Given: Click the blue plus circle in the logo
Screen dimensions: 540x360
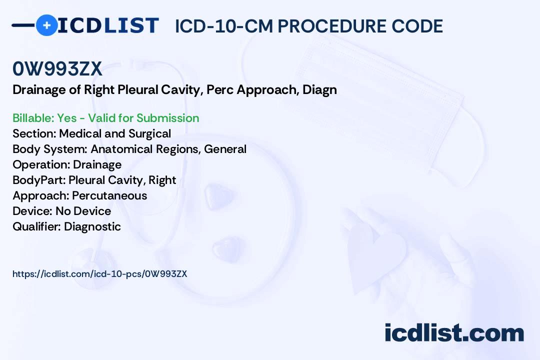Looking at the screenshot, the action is click(x=46, y=25).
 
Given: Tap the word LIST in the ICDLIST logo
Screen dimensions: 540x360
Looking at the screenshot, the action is click(x=131, y=25).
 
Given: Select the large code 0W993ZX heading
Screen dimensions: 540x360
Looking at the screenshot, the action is click(x=57, y=69).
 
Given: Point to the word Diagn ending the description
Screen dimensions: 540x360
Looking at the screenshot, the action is click(x=319, y=90).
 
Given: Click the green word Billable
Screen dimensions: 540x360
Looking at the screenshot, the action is click(x=33, y=118).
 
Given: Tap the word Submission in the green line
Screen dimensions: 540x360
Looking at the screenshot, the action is click(x=167, y=118).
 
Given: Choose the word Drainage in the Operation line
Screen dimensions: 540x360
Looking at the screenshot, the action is click(x=97, y=165).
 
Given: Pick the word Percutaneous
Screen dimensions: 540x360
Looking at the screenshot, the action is click(x=109, y=195).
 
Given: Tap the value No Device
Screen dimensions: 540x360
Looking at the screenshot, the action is click(x=83, y=211).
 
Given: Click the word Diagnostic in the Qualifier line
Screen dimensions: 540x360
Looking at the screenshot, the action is click(x=92, y=226).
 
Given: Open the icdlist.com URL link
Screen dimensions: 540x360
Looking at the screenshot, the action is click(x=100, y=274).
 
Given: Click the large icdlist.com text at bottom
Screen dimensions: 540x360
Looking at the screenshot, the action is click(x=454, y=333).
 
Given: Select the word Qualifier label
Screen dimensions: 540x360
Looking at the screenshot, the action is click(x=36, y=226).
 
